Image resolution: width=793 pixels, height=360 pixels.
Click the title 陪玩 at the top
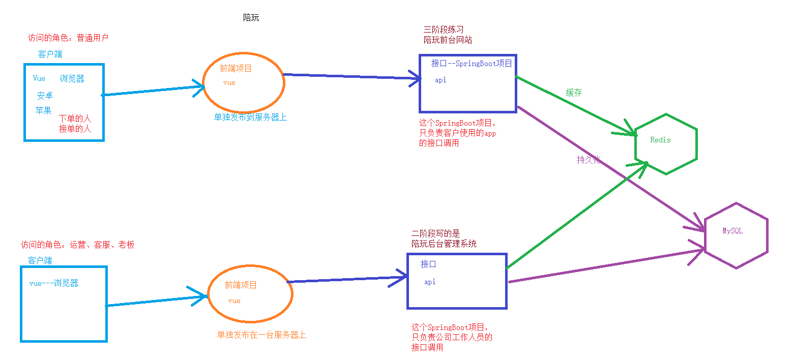[251, 18]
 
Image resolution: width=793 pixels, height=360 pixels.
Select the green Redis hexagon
[665, 142]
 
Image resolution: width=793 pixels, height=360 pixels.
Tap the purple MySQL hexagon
[736, 235]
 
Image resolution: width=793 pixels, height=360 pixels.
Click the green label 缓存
[574, 93]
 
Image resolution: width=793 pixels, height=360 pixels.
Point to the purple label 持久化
[589, 160]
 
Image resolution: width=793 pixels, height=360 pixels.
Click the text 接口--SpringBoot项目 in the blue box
[472, 64]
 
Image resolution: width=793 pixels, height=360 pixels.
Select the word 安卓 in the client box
[45, 96]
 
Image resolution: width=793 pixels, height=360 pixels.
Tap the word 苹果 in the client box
[44, 110]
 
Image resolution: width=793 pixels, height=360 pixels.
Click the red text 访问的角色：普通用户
[68, 38]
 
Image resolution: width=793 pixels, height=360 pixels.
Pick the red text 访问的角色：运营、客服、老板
[78, 245]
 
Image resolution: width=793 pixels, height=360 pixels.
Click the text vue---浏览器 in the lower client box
[54, 284]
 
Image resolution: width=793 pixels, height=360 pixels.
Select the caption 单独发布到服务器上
[250, 117]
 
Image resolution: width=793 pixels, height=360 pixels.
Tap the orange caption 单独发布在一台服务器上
[261, 335]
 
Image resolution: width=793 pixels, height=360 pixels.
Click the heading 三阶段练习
[444, 30]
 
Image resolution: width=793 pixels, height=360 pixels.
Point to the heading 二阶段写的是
[435, 234]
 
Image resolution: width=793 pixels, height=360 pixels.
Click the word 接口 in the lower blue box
[428, 264]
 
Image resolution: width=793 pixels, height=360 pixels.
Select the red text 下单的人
[75, 118]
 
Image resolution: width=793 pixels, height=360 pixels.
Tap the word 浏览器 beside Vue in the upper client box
[72, 79]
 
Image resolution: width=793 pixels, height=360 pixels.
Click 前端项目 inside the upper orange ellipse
[236, 69]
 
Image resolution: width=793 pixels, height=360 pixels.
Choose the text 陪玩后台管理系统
[444, 244]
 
